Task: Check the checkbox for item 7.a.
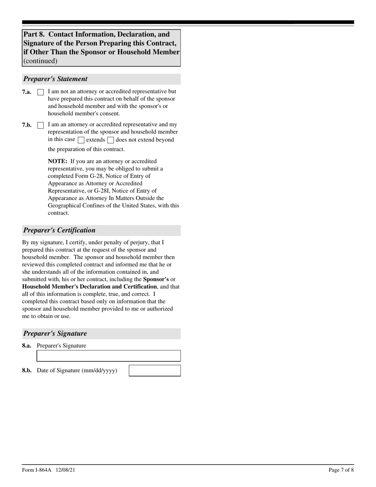40,92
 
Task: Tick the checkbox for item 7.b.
40,126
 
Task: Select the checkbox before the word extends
81,140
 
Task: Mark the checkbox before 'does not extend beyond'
111,140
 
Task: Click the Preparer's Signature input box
108,356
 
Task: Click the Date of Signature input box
155,371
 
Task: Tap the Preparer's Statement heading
55,79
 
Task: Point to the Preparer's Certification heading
59,230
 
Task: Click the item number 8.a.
27,346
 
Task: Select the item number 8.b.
27,371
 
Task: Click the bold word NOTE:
57,161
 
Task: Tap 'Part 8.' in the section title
34,34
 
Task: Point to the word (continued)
40,61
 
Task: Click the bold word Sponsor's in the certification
156,279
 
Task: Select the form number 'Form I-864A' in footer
37,470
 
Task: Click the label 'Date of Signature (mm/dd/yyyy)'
77,371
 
